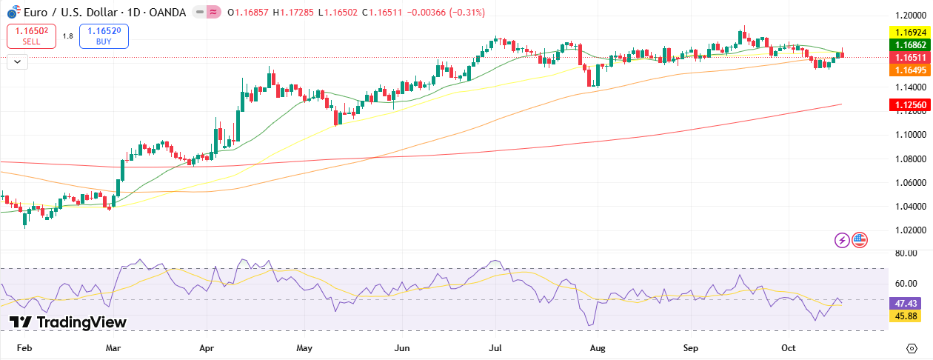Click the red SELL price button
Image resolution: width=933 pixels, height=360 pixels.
tap(31, 36)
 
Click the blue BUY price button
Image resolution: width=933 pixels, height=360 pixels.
tap(104, 36)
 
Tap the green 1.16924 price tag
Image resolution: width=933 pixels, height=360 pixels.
tap(908, 33)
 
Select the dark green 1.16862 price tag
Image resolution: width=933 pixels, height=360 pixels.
tap(908, 45)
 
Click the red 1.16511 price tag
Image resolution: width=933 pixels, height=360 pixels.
tap(908, 57)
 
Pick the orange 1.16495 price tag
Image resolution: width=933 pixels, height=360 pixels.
tap(908, 69)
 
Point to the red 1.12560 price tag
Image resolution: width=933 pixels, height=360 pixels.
tap(908, 105)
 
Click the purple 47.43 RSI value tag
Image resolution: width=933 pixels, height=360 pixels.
tap(906, 304)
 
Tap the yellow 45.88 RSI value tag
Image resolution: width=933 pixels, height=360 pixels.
tap(906, 316)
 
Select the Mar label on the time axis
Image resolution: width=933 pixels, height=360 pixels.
tap(113, 347)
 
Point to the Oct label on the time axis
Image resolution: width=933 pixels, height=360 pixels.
tap(789, 347)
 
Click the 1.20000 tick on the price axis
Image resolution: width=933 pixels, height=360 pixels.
tap(909, 15)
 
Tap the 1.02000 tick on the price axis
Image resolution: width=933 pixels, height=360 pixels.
tap(909, 230)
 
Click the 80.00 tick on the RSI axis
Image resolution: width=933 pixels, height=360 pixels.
tap(906, 253)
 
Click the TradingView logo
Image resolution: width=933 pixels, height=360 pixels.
tap(68, 322)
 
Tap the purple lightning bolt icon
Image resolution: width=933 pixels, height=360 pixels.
tap(842, 239)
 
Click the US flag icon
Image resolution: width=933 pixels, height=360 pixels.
tap(859, 239)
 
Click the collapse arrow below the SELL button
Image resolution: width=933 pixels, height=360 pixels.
tap(17, 61)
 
